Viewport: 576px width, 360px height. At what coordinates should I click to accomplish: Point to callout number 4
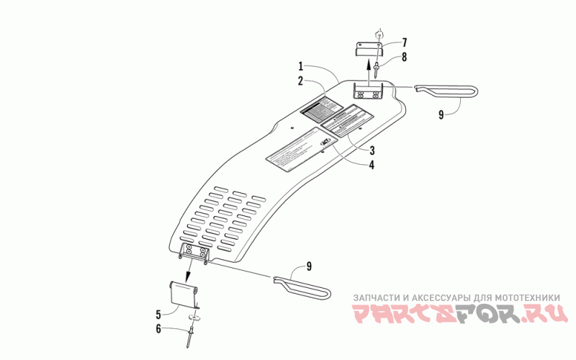tap(372, 165)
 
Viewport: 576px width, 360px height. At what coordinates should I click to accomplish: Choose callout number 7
tap(404, 42)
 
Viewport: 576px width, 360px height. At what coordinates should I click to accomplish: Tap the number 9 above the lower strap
tap(309, 266)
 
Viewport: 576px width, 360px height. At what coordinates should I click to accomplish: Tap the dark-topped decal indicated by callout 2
tap(320, 111)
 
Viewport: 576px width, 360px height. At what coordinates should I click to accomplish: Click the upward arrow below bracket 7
tap(376, 73)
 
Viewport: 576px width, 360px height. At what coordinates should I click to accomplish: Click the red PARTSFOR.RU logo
tap(459, 314)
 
